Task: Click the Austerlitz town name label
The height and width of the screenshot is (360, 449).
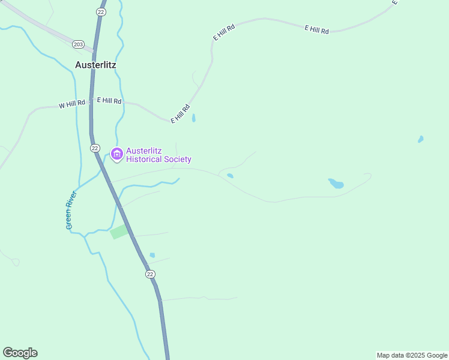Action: (x=95, y=64)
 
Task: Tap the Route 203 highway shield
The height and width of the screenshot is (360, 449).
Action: (x=78, y=44)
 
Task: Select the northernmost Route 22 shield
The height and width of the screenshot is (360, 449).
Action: (x=101, y=12)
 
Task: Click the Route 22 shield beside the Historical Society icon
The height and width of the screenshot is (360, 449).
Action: (x=95, y=148)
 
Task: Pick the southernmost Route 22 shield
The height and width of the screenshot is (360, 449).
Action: (x=150, y=274)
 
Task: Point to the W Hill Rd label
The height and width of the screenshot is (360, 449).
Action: (x=72, y=104)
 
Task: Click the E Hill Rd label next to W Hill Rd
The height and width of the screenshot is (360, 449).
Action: (x=109, y=101)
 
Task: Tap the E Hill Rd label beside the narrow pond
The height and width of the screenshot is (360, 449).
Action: (x=180, y=114)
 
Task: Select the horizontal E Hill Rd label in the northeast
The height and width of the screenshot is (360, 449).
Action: (x=316, y=29)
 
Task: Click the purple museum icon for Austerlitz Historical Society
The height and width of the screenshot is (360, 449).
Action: (x=116, y=155)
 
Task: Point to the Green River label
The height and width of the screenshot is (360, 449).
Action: (x=71, y=210)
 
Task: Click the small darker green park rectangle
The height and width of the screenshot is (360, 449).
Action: (x=119, y=232)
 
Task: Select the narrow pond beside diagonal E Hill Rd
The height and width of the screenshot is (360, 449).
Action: (x=193, y=118)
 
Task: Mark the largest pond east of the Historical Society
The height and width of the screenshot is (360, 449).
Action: (x=336, y=184)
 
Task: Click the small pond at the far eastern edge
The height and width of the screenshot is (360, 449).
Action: (x=421, y=139)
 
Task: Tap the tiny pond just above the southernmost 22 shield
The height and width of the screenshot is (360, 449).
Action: (x=152, y=255)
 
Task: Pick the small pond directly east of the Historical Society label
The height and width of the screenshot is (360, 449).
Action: (x=230, y=176)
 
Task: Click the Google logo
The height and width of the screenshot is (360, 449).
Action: (x=20, y=353)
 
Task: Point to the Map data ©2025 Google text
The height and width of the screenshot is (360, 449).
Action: (x=412, y=355)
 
